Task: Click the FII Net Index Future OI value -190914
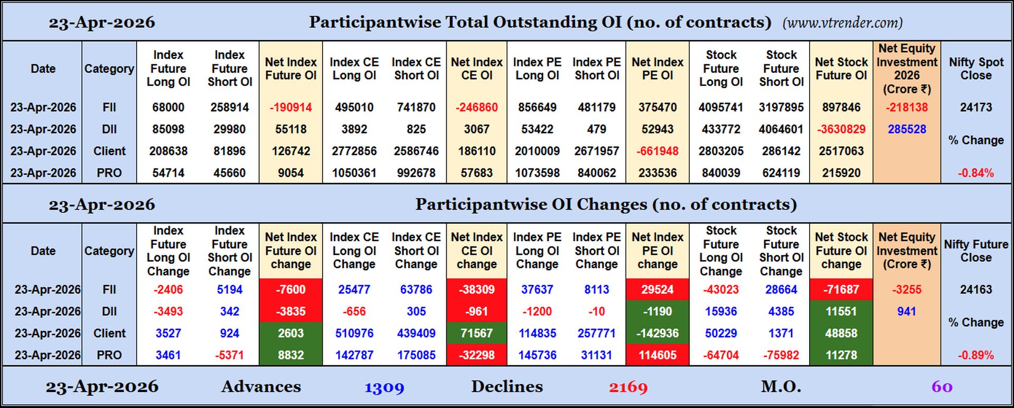click(x=290, y=107)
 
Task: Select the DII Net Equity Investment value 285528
click(x=906, y=129)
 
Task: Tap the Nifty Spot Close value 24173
click(x=975, y=107)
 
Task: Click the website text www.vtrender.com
click(x=842, y=23)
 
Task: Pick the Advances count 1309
click(x=384, y=387)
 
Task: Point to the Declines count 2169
click(x=628, y=387)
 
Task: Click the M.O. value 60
click(x=942, y=387)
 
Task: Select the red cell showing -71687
click(x=841, y=289)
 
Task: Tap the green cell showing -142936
click(x=657, y=333)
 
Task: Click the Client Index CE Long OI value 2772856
click(x=354, y=151)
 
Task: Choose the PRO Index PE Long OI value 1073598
click(x=537, y=173)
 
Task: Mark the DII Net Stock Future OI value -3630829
click(x=841, y=129)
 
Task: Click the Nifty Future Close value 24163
click(x=975, y=289)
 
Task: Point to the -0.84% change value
click(x=975, y=173)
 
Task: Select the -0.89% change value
click(x=975, y=355)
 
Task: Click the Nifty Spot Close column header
click(x=975, y=69)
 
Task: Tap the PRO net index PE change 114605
click(x=657, y=355)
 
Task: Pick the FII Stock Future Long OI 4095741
click(x=720, y=107)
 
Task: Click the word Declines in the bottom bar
click(x=506, y=386)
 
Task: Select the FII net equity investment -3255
click(x=906, y=289)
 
